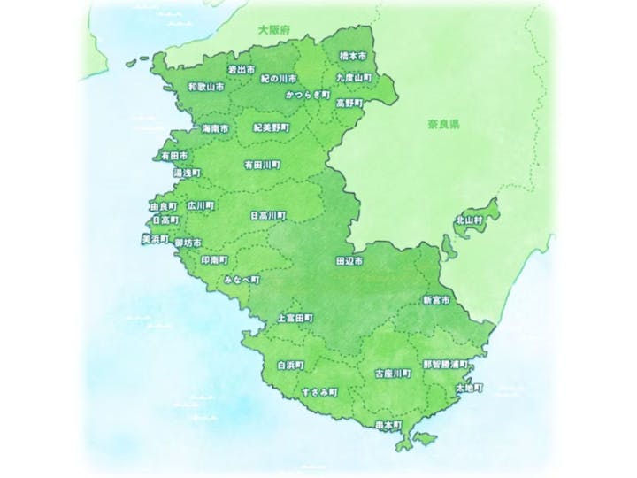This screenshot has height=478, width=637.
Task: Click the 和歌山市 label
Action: [x=206, y=88]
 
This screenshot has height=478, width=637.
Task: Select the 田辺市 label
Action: [x=349, y=262]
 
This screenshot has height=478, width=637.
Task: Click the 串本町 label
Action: [x=388, y=425]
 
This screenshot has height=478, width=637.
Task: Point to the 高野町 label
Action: [x=349, y=103]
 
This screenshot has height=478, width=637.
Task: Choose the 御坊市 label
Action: [x=188, y=243]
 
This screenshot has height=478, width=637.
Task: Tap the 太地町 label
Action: [x=469, y=389]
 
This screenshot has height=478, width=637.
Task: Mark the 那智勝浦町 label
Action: [x=445, y=364]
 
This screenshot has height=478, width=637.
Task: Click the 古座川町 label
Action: [x=392, y=374]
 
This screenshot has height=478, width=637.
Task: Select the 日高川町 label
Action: [x=267, y=214]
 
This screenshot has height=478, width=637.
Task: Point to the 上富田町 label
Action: [x=295, y=318]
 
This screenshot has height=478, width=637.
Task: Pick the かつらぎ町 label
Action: [x=308, y=94]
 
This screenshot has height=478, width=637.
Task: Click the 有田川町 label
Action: [x=262, y=165]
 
